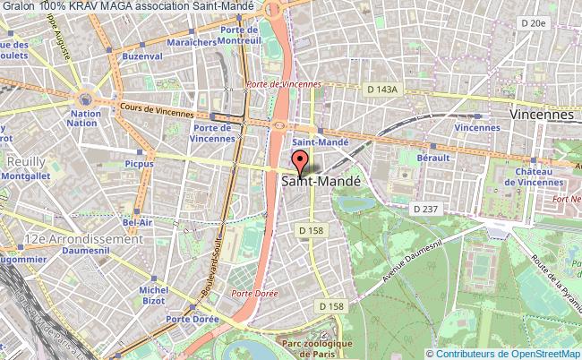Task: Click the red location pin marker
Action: (x=301, y=162)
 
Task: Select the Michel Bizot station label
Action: (x=154, y=295)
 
